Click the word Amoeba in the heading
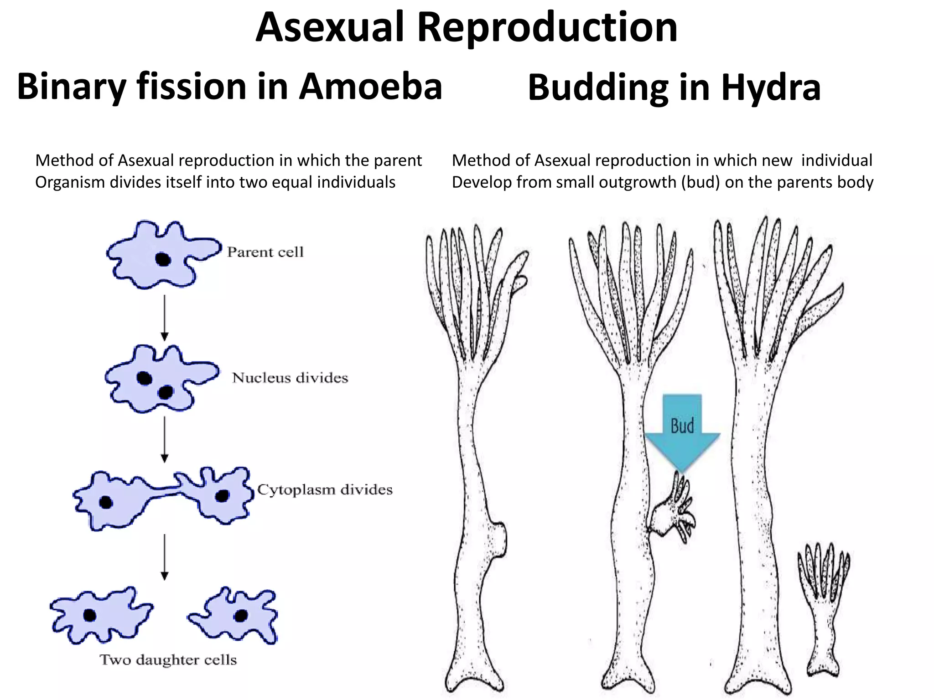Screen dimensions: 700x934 point(370,87)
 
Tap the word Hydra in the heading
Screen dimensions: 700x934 point(771,87)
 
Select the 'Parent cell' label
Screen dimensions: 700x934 point(265,252)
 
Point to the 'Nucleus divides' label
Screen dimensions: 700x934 point(290,378)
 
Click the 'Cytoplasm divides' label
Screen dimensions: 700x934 point(324,490)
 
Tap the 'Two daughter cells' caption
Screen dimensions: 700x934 point(168,660)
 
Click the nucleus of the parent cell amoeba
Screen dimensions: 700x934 point(163,259)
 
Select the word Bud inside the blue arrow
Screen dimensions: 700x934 point(682,426)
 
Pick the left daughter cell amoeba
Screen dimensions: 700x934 point(99,615)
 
